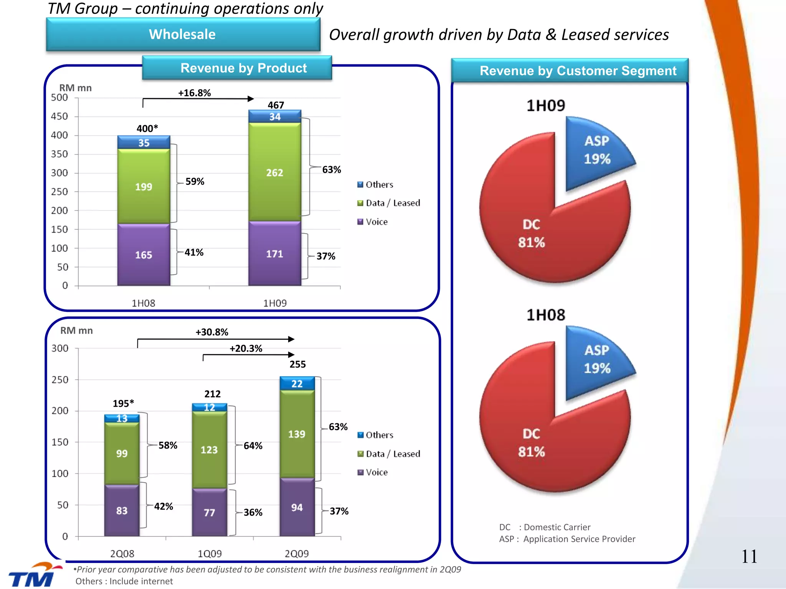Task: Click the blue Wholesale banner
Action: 183,35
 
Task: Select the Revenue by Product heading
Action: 243,68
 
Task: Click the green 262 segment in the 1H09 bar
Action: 275,173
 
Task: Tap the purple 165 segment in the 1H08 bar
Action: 144,255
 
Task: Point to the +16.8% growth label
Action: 194,93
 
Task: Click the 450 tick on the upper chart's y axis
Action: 59,116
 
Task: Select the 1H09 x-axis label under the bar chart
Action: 275,303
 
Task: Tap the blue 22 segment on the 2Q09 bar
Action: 297,384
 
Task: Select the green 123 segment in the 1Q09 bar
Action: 209,450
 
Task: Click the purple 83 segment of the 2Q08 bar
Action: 122,511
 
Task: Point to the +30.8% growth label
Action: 212,332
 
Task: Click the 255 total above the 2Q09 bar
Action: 298,364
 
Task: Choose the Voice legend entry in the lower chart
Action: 376,472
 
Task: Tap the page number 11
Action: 749,556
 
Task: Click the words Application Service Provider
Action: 579,539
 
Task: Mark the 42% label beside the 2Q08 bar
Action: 163,507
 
